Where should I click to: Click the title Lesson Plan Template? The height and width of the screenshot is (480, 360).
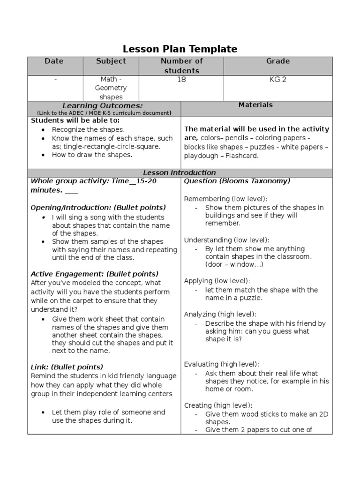click(180, 49)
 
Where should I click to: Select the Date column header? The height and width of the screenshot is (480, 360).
click(54, 61)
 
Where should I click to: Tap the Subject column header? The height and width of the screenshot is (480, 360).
click(111, 61)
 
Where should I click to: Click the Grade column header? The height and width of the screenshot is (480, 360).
click(278, 61)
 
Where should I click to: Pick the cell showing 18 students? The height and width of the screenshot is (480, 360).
click(181, 80)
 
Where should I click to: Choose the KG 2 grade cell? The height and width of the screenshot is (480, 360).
click(278, 80)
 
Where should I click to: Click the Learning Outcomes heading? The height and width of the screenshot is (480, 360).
click(103, 105)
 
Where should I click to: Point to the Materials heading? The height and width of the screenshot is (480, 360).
click(255, 105)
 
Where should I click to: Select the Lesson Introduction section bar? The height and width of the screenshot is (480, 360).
click(180, 172)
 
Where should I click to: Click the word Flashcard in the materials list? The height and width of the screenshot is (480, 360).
click(242, 156)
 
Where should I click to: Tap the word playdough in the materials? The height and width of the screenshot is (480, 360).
click(203, 156)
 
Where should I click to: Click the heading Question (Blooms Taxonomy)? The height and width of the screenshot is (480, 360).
click(237, 181)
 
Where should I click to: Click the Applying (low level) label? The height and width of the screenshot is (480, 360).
click(217, 281)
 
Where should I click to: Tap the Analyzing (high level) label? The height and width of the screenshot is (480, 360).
click(220, 314)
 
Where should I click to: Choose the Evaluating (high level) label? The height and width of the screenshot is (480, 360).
click(221, 364)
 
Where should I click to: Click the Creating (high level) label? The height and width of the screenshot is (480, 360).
click(218, 405)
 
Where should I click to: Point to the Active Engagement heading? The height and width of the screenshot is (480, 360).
click(94, 274)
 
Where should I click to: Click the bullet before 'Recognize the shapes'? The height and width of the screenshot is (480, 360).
click(44, 130)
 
